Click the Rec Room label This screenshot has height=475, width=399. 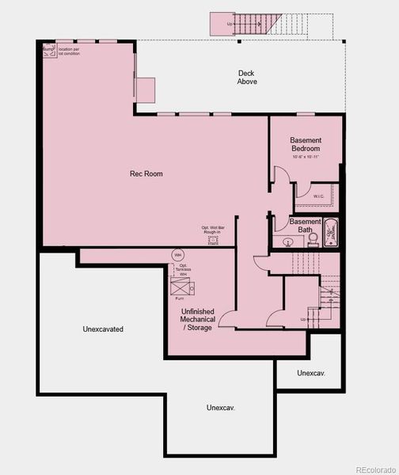tap(146, 173)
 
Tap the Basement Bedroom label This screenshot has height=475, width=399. tap(305, 144)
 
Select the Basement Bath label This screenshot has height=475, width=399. tap(305, 226)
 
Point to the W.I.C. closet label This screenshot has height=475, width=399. tap(318, 196)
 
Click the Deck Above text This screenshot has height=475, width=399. tap(247, 78)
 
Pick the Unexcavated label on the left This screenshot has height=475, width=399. tap(102, 329)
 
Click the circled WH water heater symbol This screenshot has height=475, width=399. tap(177, 255)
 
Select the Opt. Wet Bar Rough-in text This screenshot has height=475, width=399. tap(212, 232)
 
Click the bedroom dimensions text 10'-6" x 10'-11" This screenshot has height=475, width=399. tap(305, 157)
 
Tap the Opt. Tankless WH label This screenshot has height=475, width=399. tap(182, 268)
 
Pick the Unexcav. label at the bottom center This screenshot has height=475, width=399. tap(221, 408)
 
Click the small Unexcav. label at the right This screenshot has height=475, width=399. tap(311, 372)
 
